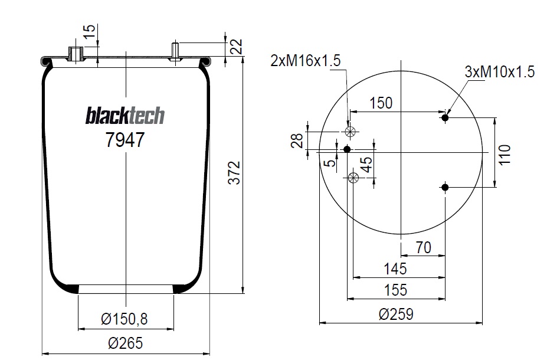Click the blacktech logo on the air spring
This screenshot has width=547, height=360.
click(125, 116)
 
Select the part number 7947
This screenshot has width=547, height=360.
click(125, 140)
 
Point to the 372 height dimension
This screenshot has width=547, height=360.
click(234, 173)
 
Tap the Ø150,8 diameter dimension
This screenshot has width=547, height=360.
click(125, 319)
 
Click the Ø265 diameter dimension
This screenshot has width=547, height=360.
click(126, 343)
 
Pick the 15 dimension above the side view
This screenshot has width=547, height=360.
click(90, 33)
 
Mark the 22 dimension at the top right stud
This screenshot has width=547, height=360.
click(237, 47)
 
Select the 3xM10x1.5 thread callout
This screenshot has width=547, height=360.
click(500, 72)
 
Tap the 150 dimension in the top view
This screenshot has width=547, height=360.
click(381, 103)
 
